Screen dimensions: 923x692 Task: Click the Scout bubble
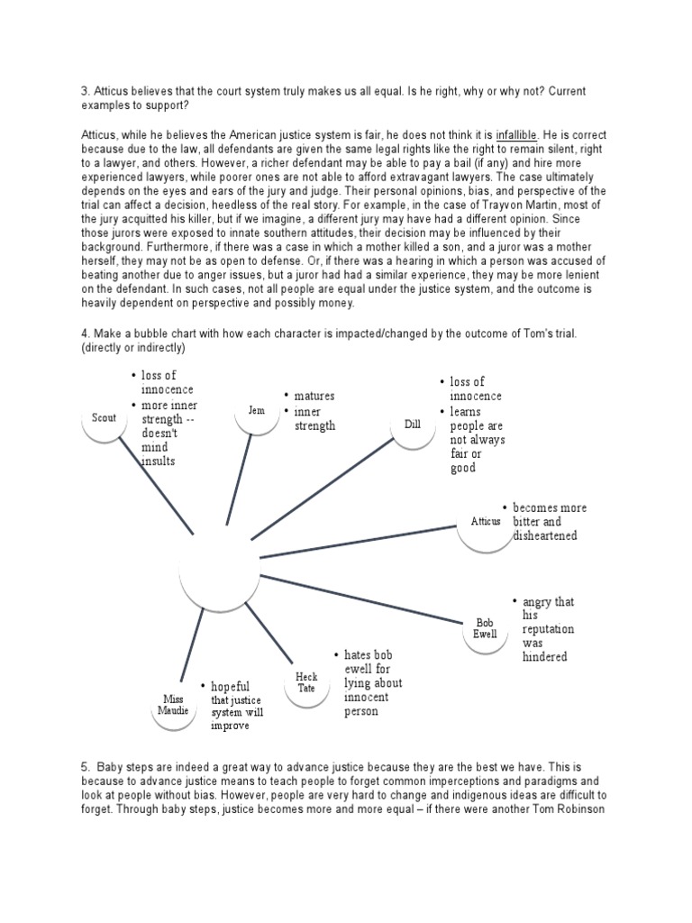tap(104, 417)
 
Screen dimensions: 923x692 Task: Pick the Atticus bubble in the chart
tap(485, 522)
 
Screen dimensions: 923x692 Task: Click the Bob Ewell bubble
tap(485, 627)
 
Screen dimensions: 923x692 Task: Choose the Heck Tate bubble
tap(306, 682)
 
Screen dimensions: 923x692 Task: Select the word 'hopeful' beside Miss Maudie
tap(230, 686)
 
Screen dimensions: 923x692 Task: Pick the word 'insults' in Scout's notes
tap(158, 461)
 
